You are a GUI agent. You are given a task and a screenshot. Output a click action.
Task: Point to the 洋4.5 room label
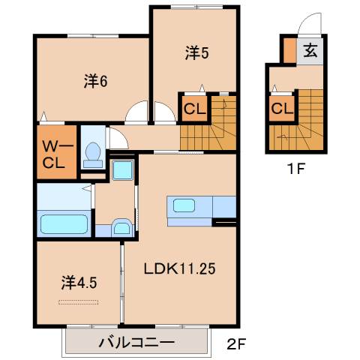point(78,283)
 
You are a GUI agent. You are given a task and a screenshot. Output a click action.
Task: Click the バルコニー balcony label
point(137,343)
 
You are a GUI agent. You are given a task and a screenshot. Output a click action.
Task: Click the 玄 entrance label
point(310,52)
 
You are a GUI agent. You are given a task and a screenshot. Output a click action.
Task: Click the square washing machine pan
point(121,169)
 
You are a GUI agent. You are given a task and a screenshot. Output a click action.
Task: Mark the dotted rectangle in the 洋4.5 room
point(79,302)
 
